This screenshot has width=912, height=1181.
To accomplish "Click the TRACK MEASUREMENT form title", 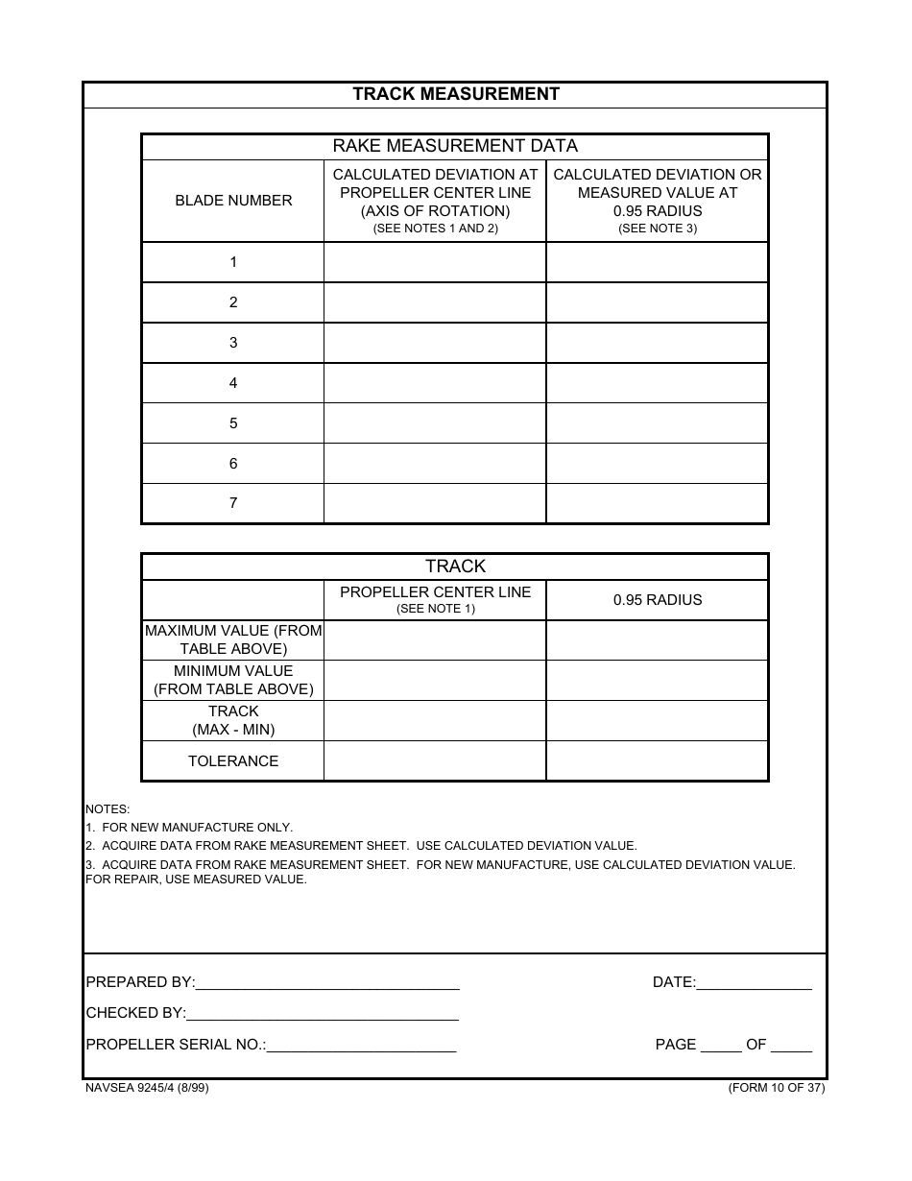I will (455, 94).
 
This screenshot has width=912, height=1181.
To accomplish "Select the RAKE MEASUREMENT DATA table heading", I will (455, 146).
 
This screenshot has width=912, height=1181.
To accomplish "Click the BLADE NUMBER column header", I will (233, 201).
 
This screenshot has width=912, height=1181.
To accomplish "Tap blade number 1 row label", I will (233, 262).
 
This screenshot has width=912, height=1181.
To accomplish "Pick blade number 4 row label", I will (233, 383).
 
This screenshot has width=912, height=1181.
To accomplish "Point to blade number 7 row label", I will (233, 503).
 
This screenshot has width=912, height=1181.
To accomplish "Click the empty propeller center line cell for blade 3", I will (435, 343).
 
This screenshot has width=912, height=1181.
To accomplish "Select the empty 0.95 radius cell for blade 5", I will (658, 423).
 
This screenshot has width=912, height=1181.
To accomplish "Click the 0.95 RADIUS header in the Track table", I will (658, 600).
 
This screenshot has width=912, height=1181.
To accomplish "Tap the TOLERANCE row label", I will (233, 761).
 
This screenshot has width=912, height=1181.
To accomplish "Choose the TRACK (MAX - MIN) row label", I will (233, 720).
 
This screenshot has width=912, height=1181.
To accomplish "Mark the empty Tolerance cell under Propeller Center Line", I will (435, 761).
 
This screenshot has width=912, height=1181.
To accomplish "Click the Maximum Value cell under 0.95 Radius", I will (658, 640).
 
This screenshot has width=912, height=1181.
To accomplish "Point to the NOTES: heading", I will (108, 809).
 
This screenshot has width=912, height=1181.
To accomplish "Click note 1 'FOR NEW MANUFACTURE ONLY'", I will (189, 828).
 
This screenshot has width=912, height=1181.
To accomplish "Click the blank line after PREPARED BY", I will (327, 982).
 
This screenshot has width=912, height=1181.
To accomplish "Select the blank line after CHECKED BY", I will (323, 1013).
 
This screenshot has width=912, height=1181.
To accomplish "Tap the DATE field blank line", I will (754, 982).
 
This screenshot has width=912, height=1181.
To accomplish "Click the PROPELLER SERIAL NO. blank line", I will (361, 1045).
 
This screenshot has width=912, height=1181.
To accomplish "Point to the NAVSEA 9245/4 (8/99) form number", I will (147, 1088).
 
